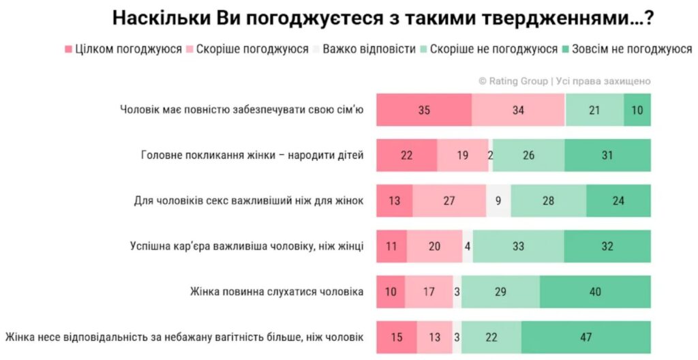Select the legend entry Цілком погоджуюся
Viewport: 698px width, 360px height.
pos(123,50)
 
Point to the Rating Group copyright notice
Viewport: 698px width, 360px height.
pos(564,81)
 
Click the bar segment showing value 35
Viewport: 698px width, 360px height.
pos(424,110)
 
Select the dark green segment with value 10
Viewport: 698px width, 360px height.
pos(637,110)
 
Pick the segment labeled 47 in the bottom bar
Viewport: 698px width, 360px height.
pos(586,337)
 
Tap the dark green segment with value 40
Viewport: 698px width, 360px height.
pos(595,292)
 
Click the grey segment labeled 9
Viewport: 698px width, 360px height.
pos(498,201)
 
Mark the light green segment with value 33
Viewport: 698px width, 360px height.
pos(518,246)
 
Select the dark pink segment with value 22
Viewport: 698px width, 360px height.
pos(407,155)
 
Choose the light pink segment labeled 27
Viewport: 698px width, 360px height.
pos(449,201)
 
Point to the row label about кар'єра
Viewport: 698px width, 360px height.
pos(247,246)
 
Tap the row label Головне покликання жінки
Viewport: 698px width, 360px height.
pos(252,155)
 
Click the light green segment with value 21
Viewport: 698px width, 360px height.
pos(594,110)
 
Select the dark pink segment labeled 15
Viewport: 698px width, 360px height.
pos(397,337)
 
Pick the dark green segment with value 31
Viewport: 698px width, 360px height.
pos(607,155)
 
